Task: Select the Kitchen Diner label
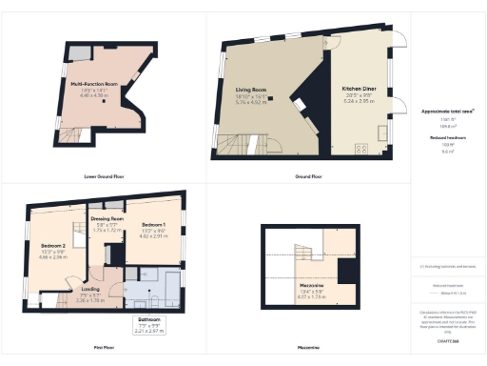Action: click(x=360, y=89)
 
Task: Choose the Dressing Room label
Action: click(x=112, y=215)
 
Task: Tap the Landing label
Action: click(x=90, y=289)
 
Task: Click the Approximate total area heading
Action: click(x=447, y=111)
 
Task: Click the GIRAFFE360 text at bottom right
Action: click(x=447, y=339)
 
